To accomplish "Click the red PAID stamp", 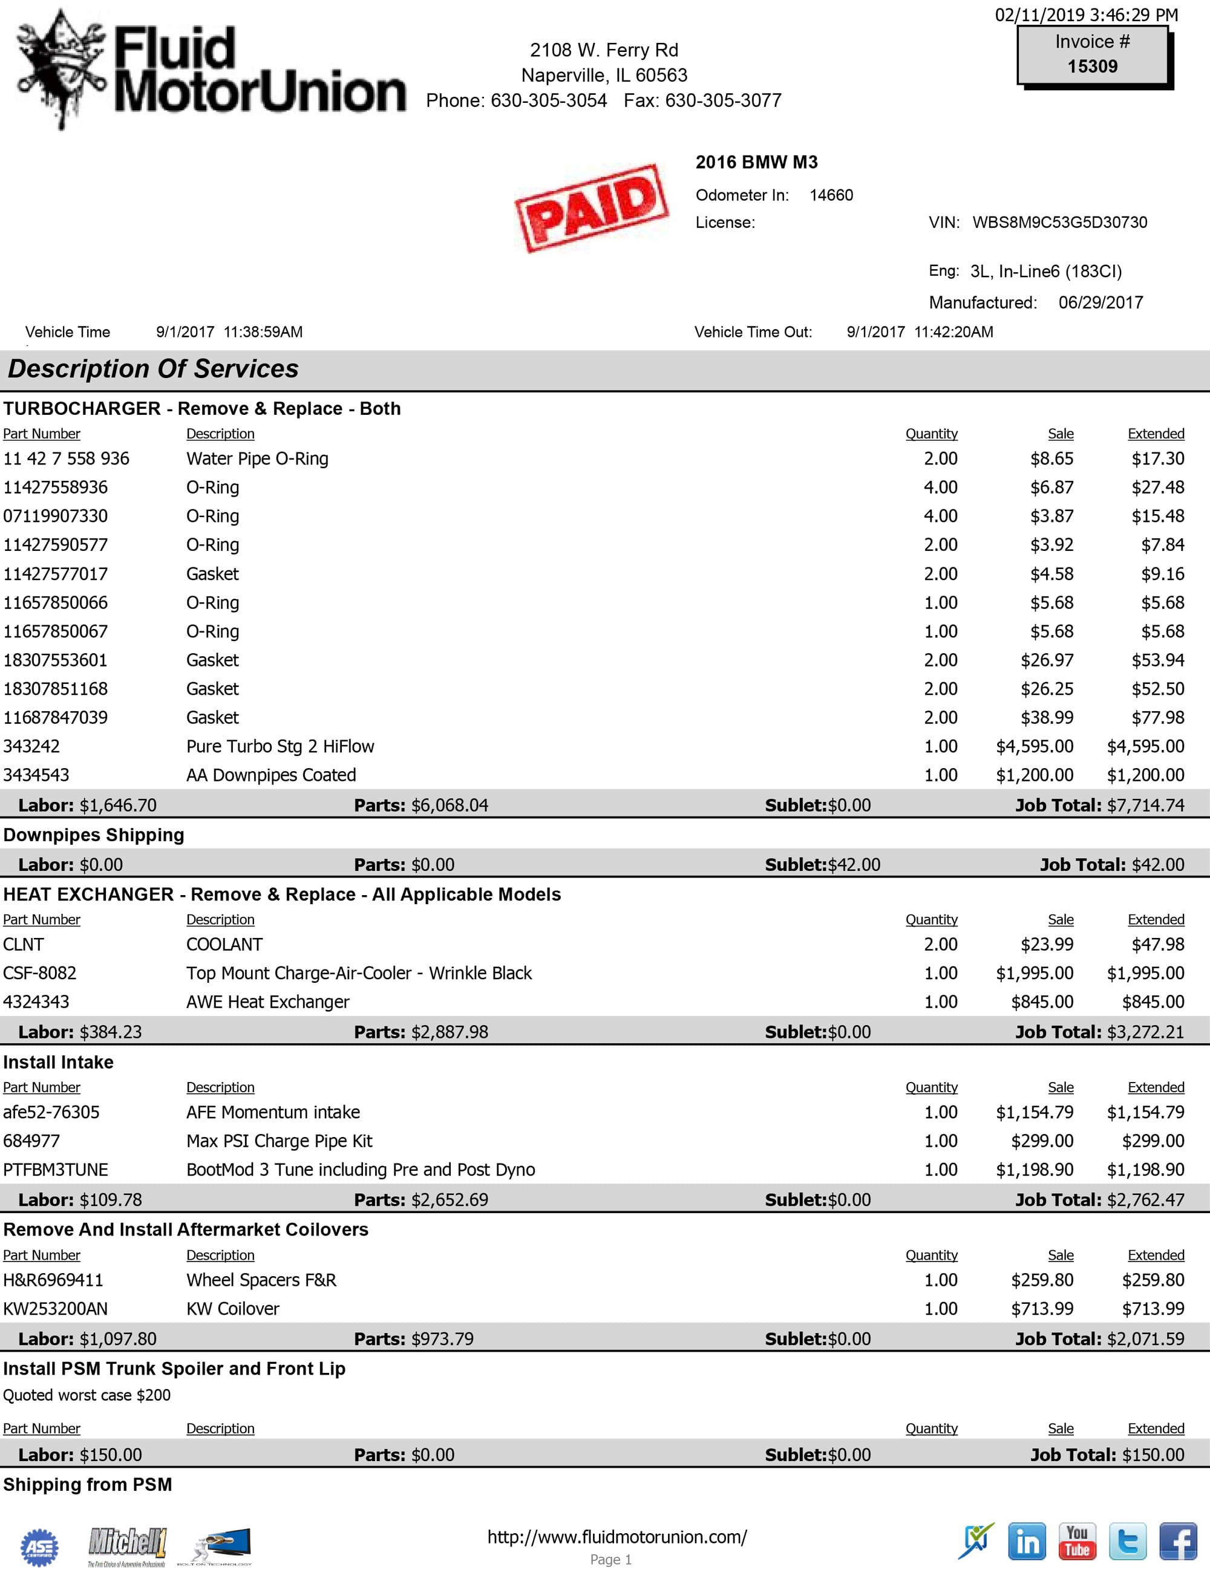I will point(592,208).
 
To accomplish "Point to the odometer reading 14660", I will point(831,195).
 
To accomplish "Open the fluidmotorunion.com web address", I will point(617,1537).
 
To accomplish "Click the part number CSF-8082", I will point(39,973).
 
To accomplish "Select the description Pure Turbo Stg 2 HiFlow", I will point(280,746).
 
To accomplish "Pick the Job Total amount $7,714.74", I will point(1145,805).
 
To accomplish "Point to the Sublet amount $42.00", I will point(854,865).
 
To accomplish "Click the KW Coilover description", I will point(232,1308).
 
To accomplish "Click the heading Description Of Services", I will point(153,369).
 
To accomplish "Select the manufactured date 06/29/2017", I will point(1100,302).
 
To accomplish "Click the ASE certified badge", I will point(39,1546).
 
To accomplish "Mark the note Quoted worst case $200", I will point(87,1395).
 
